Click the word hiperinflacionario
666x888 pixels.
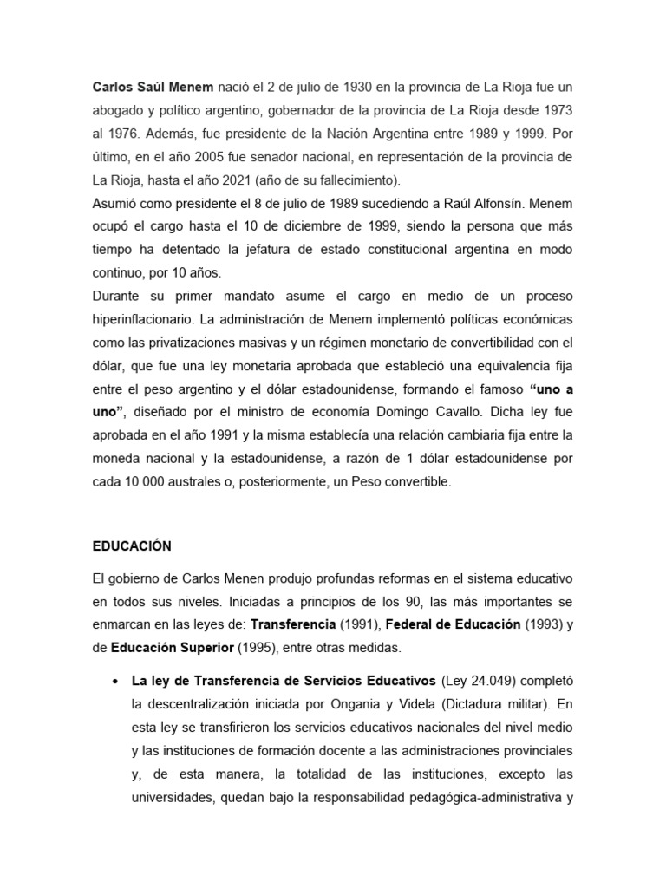coord(144,317)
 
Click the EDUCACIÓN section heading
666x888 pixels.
coord(132,546)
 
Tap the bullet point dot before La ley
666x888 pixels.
coord(115,681)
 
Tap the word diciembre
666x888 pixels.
coord(332,225)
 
